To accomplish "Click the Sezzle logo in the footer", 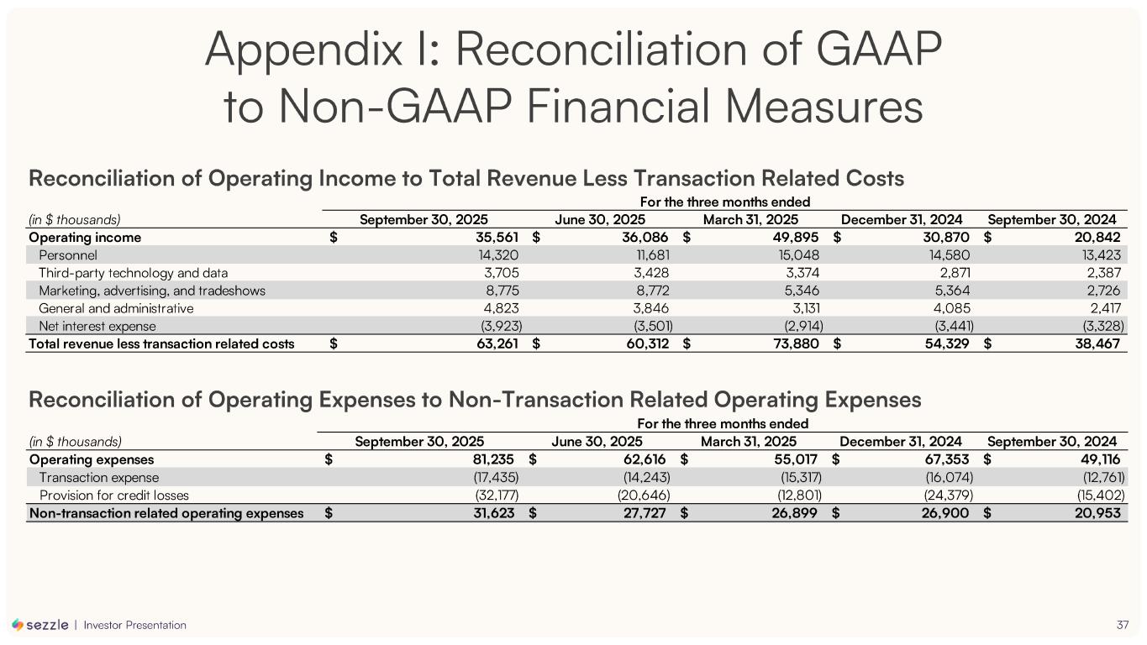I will (x=40, y=625).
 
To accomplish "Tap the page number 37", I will (x=1123, y=625).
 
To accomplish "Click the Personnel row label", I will (x=68, y=255).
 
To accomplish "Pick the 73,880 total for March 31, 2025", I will (x=796, y=343).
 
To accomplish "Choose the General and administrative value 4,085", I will (x=953, y=308).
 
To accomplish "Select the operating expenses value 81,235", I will (x=490, y=459).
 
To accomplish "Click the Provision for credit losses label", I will (x=114, y=495).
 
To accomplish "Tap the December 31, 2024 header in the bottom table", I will (x=901, y=442).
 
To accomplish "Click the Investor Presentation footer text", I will (x=135, y=625).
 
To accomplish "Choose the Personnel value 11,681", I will (x=651, y=255).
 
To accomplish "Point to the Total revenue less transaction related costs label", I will (x=161, y=343).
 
